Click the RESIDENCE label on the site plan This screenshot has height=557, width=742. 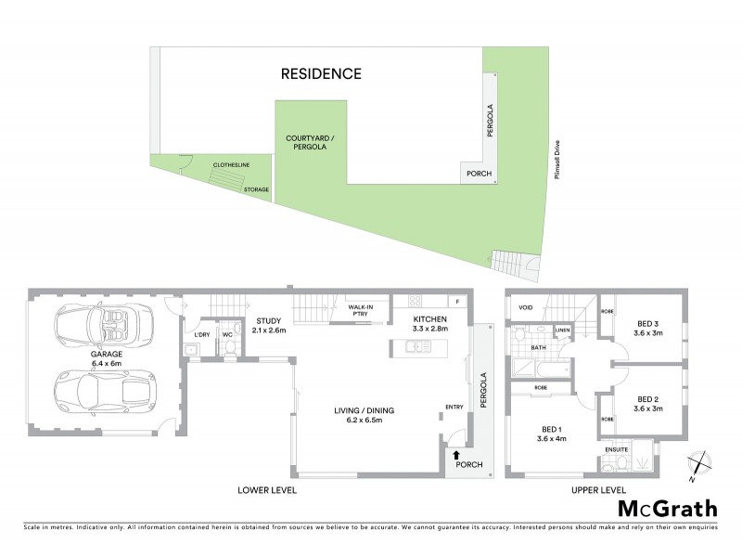coord(321,73)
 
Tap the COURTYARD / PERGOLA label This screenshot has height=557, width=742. coord(311,143)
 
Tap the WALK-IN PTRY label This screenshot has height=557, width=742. coord(360,310)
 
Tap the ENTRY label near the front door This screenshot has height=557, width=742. coord(454,406)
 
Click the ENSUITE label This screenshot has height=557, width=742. coord(616,450)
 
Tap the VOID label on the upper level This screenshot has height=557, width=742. coord(526,307)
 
